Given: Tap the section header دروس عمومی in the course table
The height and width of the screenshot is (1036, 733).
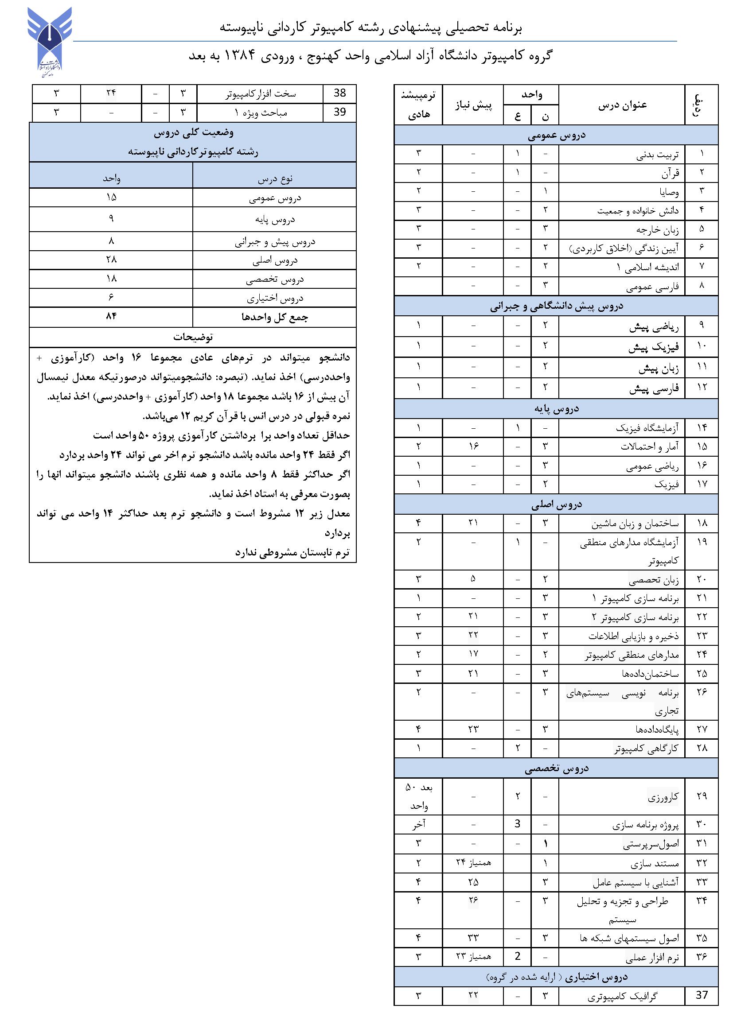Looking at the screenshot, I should tap(556, 136).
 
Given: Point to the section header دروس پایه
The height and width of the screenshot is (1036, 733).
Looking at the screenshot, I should tap(556, 409).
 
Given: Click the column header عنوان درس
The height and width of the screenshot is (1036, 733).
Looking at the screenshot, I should tap(622, 105).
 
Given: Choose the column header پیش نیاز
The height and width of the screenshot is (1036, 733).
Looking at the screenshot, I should tap(473, 105).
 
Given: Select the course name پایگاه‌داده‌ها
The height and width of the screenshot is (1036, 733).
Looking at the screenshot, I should tap(657, 729).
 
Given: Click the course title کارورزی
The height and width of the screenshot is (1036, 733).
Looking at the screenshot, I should tap(663, 797).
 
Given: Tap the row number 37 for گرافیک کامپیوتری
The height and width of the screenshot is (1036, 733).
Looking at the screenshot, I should tap(702, 994).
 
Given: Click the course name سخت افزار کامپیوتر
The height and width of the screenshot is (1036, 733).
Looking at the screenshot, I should tap(261, 94).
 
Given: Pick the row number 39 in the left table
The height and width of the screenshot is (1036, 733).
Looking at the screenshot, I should tap(339, 113).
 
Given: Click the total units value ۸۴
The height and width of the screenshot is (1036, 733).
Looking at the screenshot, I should tap(111, 317).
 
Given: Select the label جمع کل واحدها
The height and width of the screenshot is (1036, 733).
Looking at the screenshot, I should tap(274, 317).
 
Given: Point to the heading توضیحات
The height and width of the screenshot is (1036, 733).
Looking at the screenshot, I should tap(193, 337).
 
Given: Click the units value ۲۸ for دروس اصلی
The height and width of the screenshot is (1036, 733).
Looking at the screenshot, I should tap(111, 260).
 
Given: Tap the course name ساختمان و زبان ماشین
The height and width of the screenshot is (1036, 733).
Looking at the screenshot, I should tap(635, 524).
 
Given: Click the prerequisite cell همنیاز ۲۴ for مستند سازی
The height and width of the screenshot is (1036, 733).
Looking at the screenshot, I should tap(473, 862).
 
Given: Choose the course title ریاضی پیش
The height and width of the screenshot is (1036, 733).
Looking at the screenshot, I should tap(654, 326).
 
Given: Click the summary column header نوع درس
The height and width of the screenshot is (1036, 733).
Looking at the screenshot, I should tap(275, 178).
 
